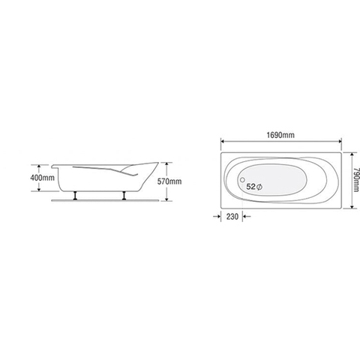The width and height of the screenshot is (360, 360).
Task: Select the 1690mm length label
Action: [x=281, y=134]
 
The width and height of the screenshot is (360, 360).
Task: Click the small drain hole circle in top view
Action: [x=240, y=181]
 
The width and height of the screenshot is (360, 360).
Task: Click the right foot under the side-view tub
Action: [x=124, y=196]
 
